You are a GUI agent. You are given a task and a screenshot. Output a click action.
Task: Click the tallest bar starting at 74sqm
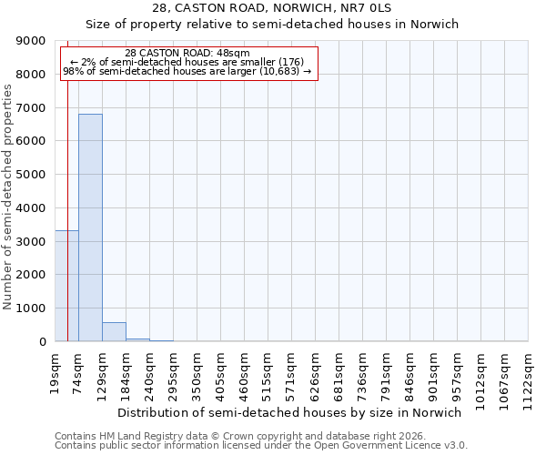click(x=90, y=227)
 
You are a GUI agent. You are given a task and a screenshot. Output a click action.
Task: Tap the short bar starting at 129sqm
click(x=114, y=332)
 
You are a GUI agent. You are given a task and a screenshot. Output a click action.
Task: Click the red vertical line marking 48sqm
click(x=68, y=182)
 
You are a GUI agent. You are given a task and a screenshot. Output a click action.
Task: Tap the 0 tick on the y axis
click(x=42, y=341)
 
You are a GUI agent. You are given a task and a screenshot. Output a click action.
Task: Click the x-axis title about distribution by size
click(x=290, y=412)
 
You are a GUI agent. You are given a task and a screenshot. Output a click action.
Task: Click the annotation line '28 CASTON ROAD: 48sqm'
click(x=187, y=54)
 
